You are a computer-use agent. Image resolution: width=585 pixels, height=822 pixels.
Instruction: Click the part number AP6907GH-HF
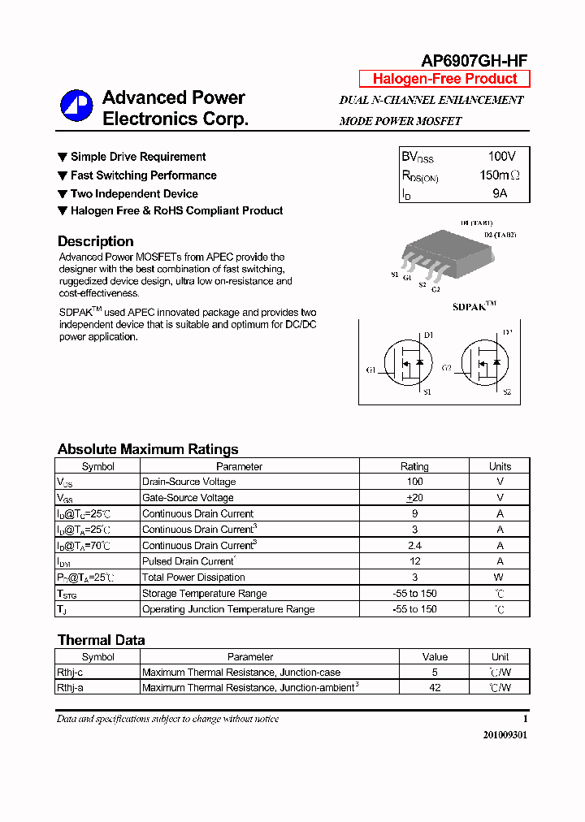(x=474, y=60)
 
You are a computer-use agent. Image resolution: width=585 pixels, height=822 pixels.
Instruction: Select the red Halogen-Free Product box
(x=444, y=79)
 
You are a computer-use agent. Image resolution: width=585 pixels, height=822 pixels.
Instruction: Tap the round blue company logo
(x=76, y=106)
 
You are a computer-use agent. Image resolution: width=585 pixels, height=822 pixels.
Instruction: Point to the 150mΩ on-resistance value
(x=499, y=175)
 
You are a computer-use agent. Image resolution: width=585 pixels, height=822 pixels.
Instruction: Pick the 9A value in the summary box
(x=500, y=193)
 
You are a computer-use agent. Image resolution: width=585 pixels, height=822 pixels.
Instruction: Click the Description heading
(x=95, y=241)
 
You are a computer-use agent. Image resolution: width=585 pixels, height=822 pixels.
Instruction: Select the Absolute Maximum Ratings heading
(x=148, y=449)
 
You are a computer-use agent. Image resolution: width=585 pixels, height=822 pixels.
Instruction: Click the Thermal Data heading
(x=101, y=640)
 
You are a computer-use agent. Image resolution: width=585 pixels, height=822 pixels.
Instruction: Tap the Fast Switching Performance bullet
(x=143, y=175)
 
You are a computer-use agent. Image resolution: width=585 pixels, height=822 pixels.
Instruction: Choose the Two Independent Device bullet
(x=134, y=194)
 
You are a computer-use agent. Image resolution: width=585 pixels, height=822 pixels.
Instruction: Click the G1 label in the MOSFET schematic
(x=370, y=370)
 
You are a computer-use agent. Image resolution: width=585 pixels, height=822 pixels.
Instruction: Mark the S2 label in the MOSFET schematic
(x=506, y=392)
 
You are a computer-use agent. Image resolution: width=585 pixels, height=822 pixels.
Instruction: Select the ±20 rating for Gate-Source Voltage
(x=414, y=498)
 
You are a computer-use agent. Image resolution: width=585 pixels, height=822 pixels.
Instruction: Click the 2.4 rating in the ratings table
(x=414, y=546)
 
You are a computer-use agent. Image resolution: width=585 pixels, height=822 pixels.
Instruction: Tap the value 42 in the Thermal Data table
(x=435, y=688)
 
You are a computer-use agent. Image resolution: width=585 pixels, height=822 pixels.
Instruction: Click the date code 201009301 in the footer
(x=505, y=734)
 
